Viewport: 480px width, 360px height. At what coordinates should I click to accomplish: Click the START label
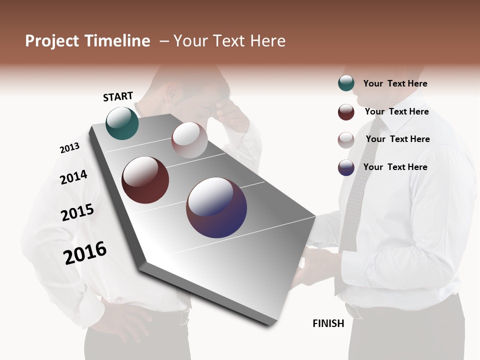118,96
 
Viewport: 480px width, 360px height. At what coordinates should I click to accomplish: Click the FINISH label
328,323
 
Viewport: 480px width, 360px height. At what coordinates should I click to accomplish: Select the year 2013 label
69,148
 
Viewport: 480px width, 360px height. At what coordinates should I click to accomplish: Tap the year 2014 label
73,177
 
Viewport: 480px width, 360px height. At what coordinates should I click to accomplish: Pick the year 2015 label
77,212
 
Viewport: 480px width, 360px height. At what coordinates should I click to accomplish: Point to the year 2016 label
85,252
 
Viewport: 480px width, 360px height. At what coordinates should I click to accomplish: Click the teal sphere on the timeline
122,123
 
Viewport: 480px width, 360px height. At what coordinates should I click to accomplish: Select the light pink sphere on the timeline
189,140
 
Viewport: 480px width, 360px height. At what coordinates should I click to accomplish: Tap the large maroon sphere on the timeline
145,180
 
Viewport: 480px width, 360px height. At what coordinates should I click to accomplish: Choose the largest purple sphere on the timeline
216,207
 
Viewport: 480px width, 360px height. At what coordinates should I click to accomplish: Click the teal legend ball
346,83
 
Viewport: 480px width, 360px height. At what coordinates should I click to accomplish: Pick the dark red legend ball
346,112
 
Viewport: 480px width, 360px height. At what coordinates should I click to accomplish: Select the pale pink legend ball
346,140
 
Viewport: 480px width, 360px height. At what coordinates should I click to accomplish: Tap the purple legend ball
346,167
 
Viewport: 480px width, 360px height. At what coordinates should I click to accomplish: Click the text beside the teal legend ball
395,83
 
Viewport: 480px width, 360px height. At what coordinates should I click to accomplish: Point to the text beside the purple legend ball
395,167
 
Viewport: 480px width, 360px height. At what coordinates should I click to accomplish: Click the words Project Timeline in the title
87,41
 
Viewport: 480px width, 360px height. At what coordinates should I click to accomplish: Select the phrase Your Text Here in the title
229,41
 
